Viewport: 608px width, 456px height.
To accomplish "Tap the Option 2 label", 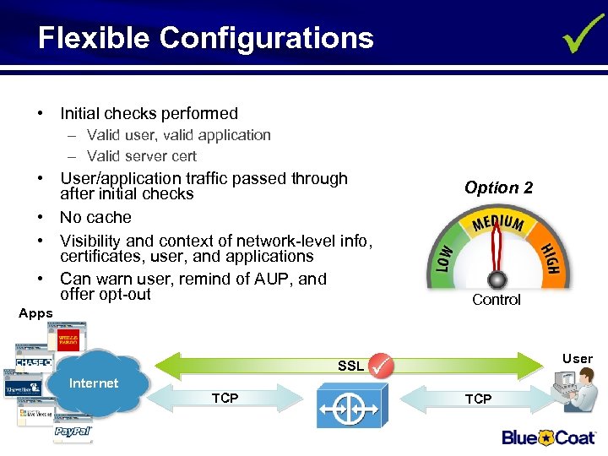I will pos(498,187).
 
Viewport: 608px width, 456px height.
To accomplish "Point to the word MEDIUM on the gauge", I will pos(499,225).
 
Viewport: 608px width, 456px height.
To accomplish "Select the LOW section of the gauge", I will pos(446,254).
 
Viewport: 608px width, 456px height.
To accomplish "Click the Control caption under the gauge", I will pos(497,300).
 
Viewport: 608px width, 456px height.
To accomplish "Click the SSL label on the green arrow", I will pos(350,366).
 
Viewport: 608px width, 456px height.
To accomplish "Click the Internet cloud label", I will pos(94,383).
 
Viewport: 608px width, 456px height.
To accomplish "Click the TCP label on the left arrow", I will pos(225,398).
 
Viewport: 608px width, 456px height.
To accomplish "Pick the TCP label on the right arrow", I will pos(478,399).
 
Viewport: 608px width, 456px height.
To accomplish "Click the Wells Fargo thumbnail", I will pos(68,340).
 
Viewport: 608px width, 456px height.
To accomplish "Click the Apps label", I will pos(35,313).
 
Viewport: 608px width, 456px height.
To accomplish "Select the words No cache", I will pos(95,217).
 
